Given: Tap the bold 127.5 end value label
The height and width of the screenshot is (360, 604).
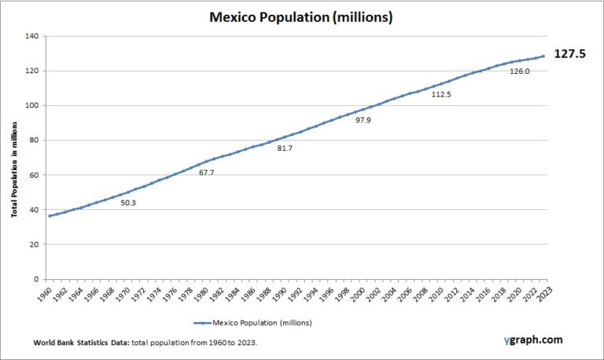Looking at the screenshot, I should click(571, 54).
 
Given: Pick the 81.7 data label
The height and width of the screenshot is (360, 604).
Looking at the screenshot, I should click(284, 149).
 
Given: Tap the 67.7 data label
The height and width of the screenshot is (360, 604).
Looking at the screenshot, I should click(207, 172).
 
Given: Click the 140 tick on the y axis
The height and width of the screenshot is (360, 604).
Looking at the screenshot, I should click(31, 36).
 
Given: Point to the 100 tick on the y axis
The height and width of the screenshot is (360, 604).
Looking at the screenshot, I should click(31, 105).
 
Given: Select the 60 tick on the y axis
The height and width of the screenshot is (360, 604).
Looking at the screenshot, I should click(34, 174).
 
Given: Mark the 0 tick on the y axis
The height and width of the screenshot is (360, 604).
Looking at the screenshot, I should click(36, 279).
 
